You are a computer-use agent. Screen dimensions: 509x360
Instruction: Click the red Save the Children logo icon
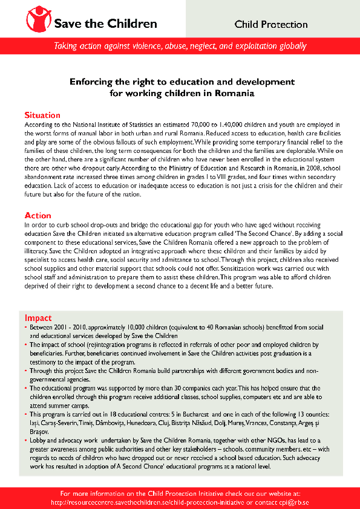39,21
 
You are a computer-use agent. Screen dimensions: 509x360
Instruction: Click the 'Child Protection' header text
271,25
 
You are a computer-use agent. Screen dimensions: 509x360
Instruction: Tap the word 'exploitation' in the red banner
252,47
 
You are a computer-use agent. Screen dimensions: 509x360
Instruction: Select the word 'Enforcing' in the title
93,82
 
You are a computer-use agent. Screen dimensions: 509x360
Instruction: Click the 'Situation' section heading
42,115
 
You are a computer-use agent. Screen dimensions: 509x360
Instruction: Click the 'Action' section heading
38,215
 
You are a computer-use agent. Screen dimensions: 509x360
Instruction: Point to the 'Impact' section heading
38,318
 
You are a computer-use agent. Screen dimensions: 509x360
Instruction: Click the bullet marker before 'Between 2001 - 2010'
26,327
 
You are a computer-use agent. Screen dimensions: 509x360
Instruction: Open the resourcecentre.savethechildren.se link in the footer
157,502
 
